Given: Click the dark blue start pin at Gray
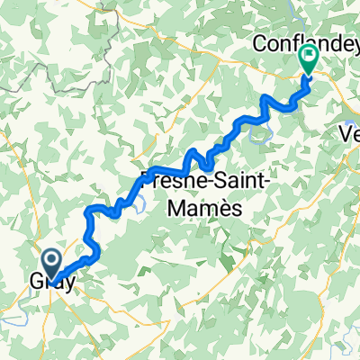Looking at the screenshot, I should click(x=53, y=263).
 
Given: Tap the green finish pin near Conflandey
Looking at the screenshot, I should click(x=308, y=60).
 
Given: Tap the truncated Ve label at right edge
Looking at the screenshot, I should click(x=348, y=131).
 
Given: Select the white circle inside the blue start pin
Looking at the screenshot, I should click(x=53, y=260).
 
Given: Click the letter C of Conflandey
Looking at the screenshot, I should click(x=258, y=41).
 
